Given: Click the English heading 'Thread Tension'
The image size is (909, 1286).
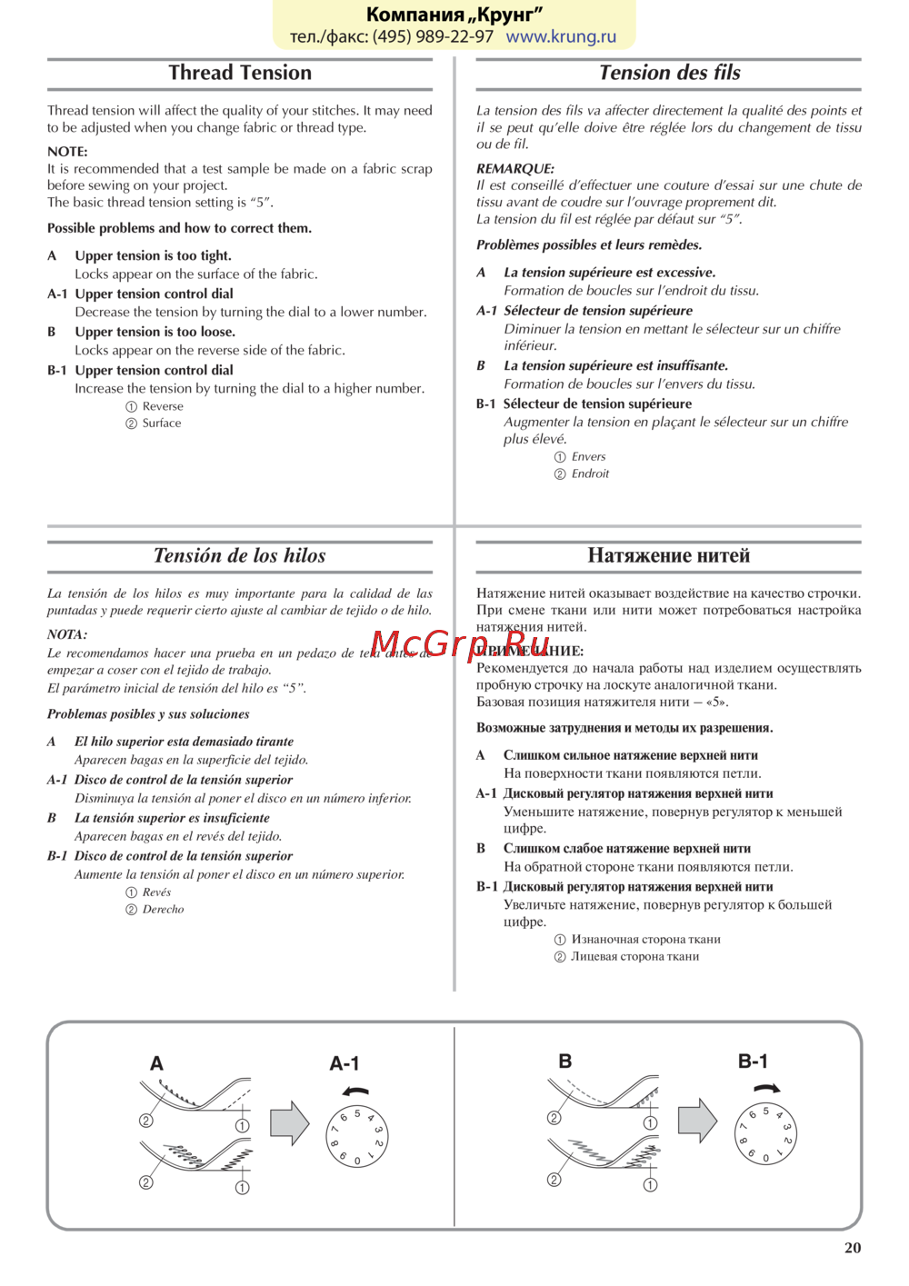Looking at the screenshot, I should [240, 73].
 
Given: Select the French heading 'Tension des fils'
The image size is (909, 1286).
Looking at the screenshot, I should [669, 73].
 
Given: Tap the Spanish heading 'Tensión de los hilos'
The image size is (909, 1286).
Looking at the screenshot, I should [239, 555].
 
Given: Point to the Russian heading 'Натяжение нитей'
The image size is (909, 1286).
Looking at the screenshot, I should [668, 555].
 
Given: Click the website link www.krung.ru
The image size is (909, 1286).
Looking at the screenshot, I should [561, 37].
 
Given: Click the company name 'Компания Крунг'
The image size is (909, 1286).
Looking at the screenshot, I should [454, 15].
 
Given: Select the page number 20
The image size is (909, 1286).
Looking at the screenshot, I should [853, 1248].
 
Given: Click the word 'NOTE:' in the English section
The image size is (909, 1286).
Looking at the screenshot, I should [67, 152].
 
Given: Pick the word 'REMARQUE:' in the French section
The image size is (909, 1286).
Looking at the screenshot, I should [514, 169].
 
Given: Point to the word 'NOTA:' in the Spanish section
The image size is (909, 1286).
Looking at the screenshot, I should [67, 634].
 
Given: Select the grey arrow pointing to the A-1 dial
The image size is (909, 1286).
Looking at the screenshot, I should [290, 1123].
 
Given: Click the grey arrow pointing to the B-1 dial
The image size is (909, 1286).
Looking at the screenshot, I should [697, 1121].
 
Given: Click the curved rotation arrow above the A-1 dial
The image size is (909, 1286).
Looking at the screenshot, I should [356, 1092].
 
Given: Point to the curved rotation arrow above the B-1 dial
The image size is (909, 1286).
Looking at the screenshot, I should [767, 1088].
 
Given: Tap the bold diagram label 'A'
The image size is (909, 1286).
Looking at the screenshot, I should [156, 1063].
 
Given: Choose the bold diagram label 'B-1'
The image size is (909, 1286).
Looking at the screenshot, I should [753, 1061].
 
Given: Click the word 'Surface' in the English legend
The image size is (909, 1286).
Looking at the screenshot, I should [162, 424].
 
